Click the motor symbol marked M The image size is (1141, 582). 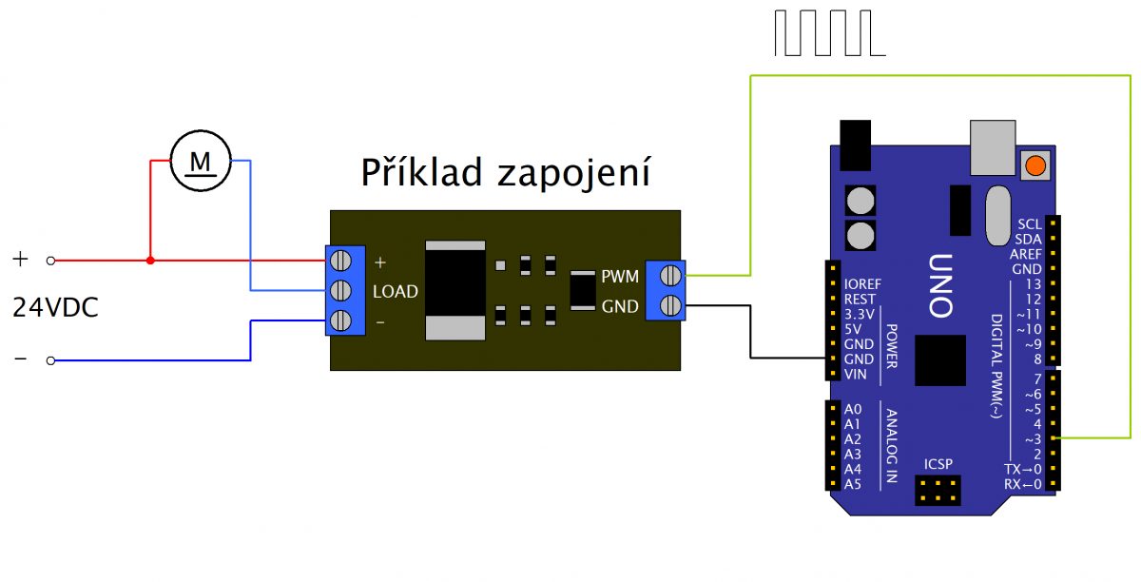coord(201,161)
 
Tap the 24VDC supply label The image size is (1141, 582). coord(55,308)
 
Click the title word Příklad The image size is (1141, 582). coord(422,174)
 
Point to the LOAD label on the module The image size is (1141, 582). coord(396,292)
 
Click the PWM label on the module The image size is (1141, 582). coord(619,277)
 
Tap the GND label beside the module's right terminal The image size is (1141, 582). coord(619,306)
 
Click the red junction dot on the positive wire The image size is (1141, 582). coord(150,260)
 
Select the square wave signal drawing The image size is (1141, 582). coord(830,33)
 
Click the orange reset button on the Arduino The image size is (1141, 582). coord(1035,165)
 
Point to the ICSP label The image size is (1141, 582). coord(938,464)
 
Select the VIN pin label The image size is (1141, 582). coord(856,374)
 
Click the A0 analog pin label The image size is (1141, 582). coord(852,409)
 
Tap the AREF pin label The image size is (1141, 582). coord(1026,254)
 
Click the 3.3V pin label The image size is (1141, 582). coord(860,314)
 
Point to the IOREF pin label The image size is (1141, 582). coord(862,283)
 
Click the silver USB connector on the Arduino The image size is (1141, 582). coord(993,148)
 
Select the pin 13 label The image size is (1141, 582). coord(1033,284)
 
